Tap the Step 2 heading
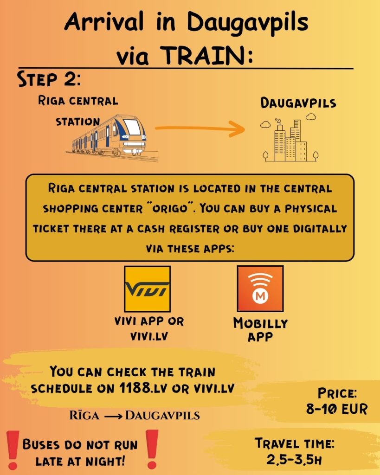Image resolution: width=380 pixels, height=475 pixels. [x=49, y=79]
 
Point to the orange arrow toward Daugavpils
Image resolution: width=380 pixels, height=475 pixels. [x=200, y=128]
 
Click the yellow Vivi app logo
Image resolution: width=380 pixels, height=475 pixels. [x=148, y=289]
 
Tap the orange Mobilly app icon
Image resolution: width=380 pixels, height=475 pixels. [x=260, y=289]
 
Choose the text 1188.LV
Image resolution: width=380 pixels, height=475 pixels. [x=143, y=388]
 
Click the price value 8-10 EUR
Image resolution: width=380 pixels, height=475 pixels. [x=337, y=409]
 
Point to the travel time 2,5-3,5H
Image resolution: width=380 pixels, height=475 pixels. [x=294, y=460]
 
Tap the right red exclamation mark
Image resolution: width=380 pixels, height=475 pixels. [x=152, y=449]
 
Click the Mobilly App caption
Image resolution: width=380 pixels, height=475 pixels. [x=260, y=330]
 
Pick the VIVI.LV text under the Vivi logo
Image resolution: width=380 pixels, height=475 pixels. [x=149, y=337]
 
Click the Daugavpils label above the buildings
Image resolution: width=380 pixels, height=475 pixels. [x=298, y=103]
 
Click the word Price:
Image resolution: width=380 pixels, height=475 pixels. [x=337, y=393]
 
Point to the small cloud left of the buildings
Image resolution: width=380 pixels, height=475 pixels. [x=265, y=124]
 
